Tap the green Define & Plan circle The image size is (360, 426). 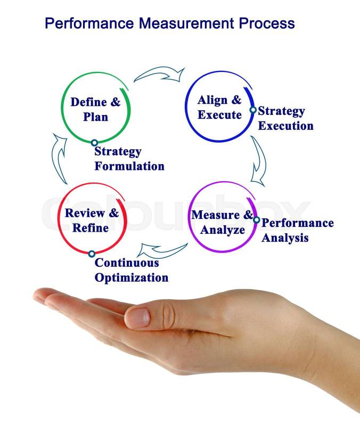click(96, 109)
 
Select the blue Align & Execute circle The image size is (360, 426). click(219, 107)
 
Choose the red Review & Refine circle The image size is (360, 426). click(92, 220)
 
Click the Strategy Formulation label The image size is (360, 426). click(129, 159)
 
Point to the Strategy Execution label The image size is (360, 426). click(285, 118)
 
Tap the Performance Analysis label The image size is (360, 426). click(297, 230)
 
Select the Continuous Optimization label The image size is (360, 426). click(131, 270)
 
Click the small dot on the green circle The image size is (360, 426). click(94, 143)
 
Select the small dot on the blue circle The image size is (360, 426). click(253, 110)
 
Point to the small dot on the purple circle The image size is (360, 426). click(256, 220)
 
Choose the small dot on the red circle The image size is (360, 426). click(92, 254)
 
